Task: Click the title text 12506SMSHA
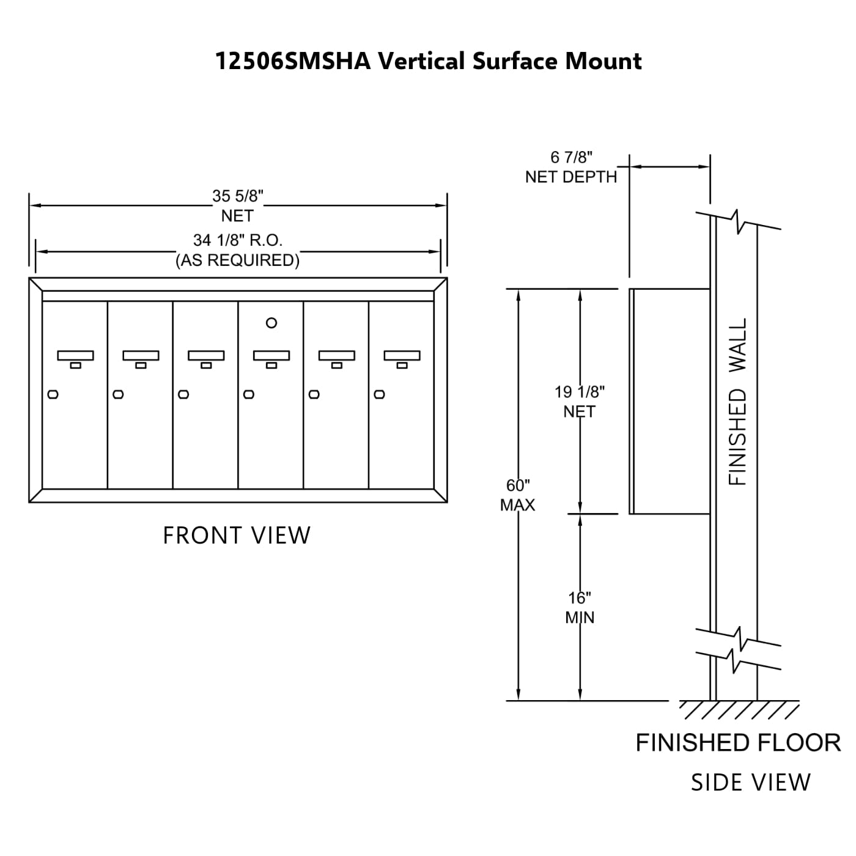(x=293, y=62)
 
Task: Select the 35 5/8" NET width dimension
(x=237, y=205)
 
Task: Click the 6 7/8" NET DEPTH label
(x=571, y=167)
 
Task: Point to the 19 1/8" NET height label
(x=579, y=401)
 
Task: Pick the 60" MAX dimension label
(x=517, y=495)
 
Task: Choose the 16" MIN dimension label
(x=579, y=607)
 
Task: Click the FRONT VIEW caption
(x=237, y=536)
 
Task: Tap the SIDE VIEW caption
(x=750, y=783)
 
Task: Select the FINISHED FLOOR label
(x=738, y=743)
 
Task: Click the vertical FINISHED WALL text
(x=738, y=402)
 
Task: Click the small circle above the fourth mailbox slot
(x=271, y=323)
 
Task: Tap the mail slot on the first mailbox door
(x=75, y=355)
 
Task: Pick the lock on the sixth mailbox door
(x=379, y=394)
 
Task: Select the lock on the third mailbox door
(x=183, y=394)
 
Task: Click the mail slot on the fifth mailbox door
(x=336, y=355)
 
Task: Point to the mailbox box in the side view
(x=670, y=401)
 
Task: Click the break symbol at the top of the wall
(x=739, y=221)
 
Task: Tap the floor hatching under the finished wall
(x=739, y=709)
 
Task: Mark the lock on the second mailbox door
(x=118, y=394)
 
